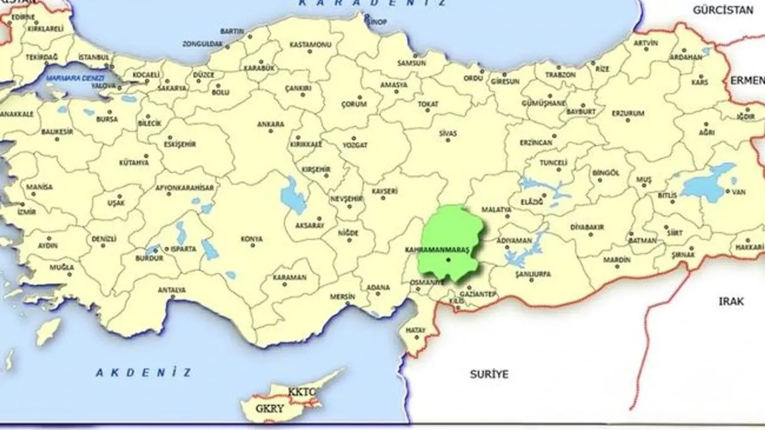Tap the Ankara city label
click(270, 124)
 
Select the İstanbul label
click(94, 57)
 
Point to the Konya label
click(252, 239)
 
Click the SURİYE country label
click(488, 374)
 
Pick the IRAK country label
click(731, 302)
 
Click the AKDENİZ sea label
click(143, 373)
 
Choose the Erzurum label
click(628, 113)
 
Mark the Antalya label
click(172, 290)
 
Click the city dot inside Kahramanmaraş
click(448, 260)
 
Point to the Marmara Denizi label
click(76, 78)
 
